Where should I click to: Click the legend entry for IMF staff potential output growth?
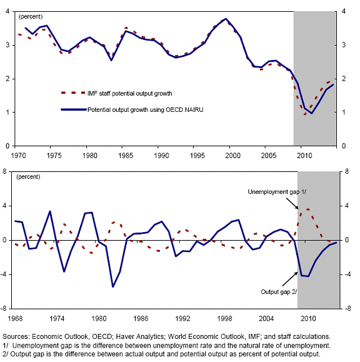(x=116, y=93)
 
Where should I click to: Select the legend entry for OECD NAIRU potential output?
(x=132, y=109)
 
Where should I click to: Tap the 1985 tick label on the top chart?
(x=126, y=156)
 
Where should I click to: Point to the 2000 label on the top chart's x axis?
(x=233, y=156)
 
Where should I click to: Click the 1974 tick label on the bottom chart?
(x=57, y=319)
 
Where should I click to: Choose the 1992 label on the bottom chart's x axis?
(x=182, y=319)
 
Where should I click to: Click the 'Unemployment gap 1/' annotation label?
(x=277, y=192)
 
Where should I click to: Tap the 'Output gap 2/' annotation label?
(x=279, y=292)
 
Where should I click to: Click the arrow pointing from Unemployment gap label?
(x=292, y=203)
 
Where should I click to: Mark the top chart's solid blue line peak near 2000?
(x=226, y=19)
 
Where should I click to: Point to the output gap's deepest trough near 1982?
(x=113, y=287)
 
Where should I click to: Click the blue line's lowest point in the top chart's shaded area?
(x=312, y=113)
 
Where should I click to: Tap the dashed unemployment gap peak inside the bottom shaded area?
(x=308, y=209)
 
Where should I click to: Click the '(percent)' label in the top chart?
(x=31, y=17)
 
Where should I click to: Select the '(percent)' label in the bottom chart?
(x=28, y=177)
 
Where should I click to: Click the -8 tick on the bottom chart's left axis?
(x=4, y=308)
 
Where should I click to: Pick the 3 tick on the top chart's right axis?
(x=344, y=45)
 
